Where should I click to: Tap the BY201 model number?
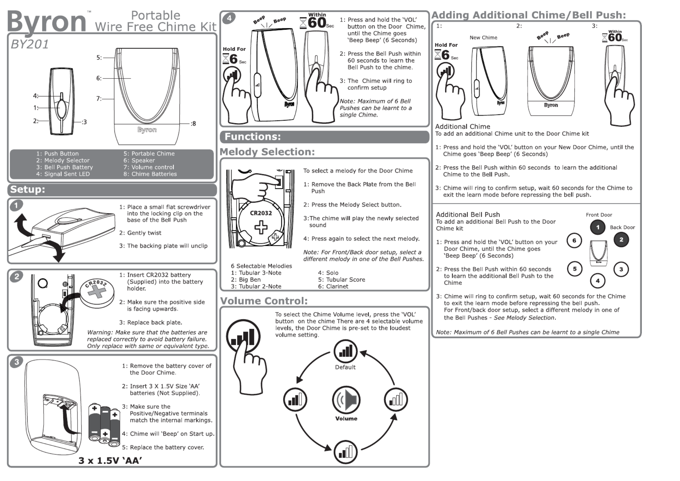click(x=30, y=45)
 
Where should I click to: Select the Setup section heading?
click(x=28, y=189)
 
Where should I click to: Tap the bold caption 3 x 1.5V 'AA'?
click(x=110, y=461)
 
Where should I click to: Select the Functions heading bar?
click(x=324, y=137)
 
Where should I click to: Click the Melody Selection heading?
click(x=267, y=152)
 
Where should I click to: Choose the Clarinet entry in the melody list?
click(x=333, y=286)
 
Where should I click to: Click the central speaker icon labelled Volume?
click(x=346, y=400)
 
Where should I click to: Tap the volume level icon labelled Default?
click(x=345, y=352)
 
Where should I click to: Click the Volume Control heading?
click(x=264, y=301)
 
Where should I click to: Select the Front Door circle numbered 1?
click(x=597, y=227)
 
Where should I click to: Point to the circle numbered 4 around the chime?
click(x=597, y=281)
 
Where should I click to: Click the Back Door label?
click(x=622, y=227)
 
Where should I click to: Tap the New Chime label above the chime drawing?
click(x=483, y=38)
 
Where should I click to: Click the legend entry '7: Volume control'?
click(x=149, y=167)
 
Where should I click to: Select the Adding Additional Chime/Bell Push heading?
click(x=528, y=15)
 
